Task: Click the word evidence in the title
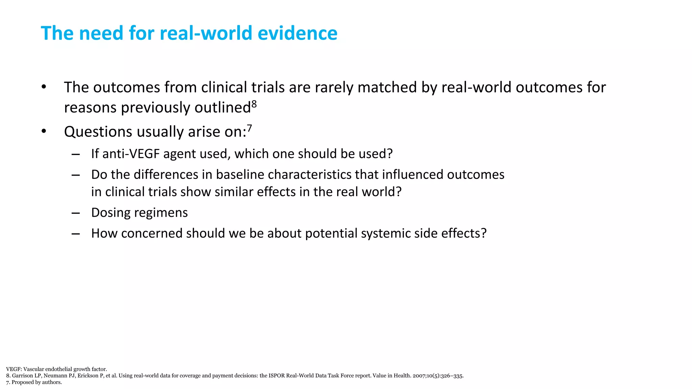297,33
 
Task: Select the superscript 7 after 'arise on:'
249,128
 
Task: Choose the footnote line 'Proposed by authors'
34,382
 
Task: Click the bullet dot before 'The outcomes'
44,87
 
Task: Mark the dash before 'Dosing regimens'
76,213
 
